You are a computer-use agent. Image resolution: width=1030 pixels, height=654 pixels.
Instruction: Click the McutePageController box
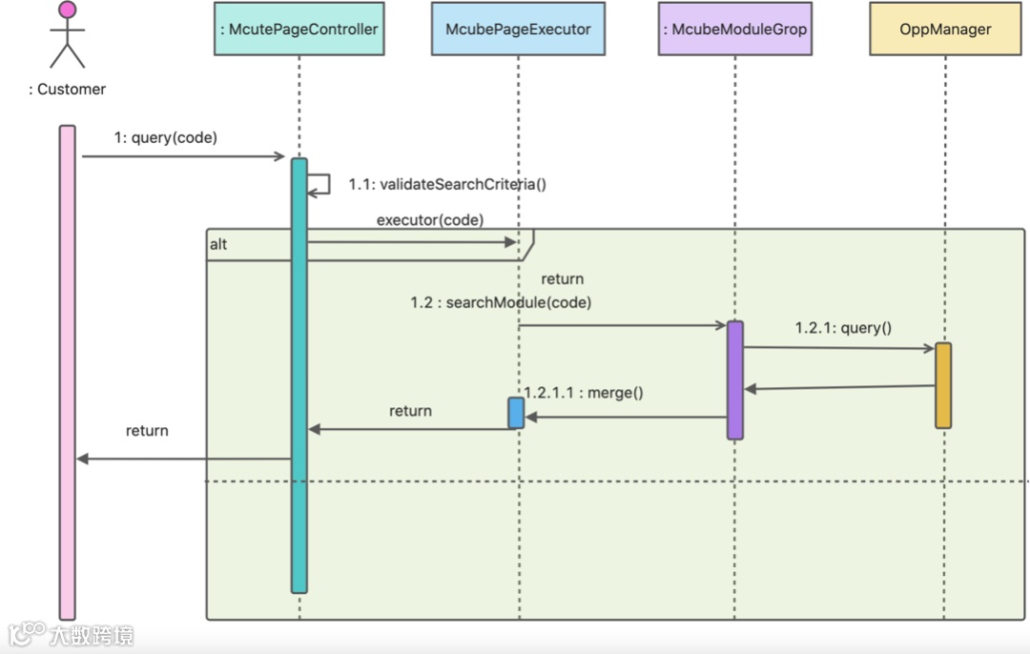(x=299, y=29)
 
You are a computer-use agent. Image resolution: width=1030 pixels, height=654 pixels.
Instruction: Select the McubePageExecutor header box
(x=518, y=29)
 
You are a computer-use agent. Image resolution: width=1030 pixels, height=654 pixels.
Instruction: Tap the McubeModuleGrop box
(x=735, y=29)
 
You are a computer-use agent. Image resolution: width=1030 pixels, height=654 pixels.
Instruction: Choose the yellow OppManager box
(x=945, y=29)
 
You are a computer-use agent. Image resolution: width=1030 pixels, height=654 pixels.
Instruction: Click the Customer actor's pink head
(x=67, y=10)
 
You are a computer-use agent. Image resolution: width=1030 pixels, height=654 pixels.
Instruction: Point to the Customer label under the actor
(x=67, y=90)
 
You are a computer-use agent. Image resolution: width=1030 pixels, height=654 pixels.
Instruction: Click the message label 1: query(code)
(x=166, y=138)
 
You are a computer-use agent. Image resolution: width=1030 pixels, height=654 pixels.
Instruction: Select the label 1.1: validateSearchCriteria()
(x=447, y=185)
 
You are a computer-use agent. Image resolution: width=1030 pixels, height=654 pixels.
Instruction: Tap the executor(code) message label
(x=430, y=220)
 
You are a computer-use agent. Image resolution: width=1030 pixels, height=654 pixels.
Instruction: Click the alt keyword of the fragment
(x=218, y=245)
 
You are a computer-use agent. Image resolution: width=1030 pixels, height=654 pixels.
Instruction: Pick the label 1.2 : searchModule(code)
(x=502, y=303)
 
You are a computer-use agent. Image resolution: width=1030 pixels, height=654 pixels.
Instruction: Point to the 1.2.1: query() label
(x=843, y=328)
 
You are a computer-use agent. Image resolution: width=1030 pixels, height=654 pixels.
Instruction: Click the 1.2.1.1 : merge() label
(x=584, y=393)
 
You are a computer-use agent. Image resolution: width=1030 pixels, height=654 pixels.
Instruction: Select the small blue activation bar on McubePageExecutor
(x=516, y=413)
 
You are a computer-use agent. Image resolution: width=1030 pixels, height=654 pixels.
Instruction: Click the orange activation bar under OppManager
(x=943, y=385)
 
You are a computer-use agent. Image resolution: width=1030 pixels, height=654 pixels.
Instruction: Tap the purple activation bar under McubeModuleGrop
(x=735, y=380)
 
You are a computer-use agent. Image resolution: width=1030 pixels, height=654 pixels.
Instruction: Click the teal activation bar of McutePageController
(x=299, y=376)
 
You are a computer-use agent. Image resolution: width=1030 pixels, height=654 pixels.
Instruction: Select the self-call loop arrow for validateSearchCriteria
(x=328, y=185)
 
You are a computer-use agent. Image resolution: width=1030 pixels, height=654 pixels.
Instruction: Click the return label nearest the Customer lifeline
(x=147, y=431)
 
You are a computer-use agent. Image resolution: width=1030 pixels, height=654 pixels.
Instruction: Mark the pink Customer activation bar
(x=67, y=373)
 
